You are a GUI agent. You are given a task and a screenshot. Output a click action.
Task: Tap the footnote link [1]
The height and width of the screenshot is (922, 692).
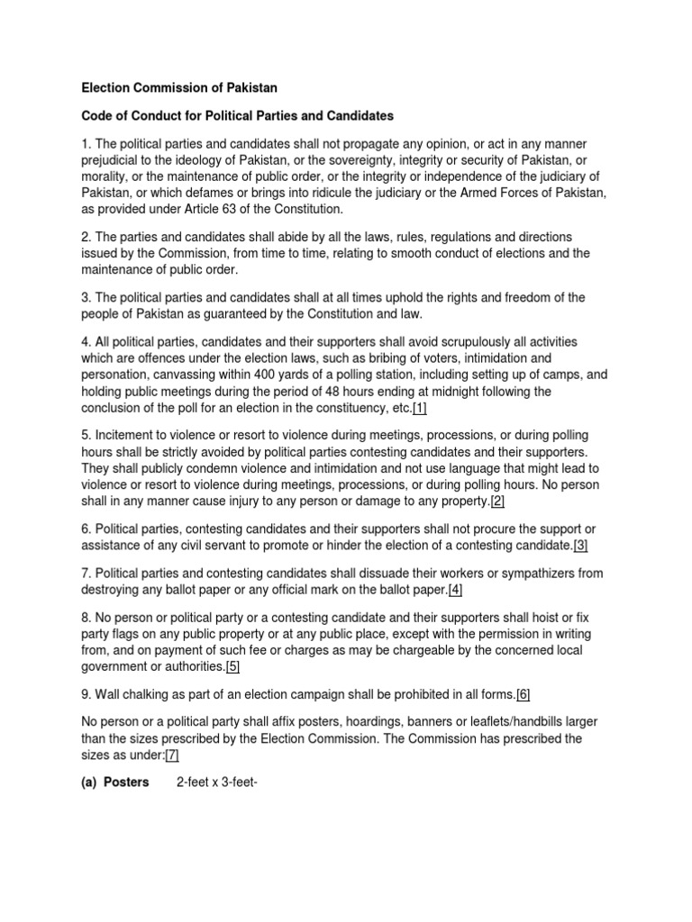420,408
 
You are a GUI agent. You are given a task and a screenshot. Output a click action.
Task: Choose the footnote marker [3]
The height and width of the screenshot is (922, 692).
580,546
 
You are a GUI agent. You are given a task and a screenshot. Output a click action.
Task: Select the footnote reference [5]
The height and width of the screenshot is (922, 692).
232,666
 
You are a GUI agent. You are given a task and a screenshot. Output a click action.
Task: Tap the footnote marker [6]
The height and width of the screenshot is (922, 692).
524,694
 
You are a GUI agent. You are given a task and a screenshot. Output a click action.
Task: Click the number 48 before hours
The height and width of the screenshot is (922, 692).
353,391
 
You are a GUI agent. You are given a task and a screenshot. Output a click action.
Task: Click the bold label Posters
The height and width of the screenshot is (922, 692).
125,782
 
